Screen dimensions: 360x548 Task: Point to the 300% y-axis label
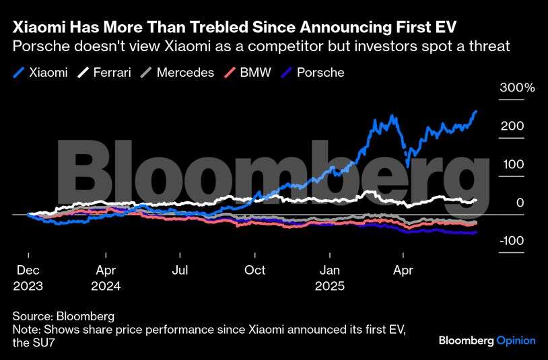(x=516, y=88)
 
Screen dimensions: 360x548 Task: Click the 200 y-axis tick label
(x=512, y=127)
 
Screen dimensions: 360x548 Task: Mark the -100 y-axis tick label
(x=512, y=241)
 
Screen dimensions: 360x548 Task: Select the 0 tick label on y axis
(x=520, y=203)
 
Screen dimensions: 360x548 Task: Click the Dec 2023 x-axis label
(x=28, y=277)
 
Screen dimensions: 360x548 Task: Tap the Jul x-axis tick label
(x=180, y=270)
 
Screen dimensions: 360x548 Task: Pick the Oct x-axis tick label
(x=254, y=270)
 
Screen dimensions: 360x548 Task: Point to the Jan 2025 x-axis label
(x=330, y=277)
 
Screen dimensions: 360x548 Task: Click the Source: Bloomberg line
(x=63, y=316)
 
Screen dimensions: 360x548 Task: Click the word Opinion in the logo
(x=516, y=340)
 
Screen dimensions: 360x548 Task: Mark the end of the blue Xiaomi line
(x=476, y=111)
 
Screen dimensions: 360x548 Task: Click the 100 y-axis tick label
(x=512, y=164)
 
